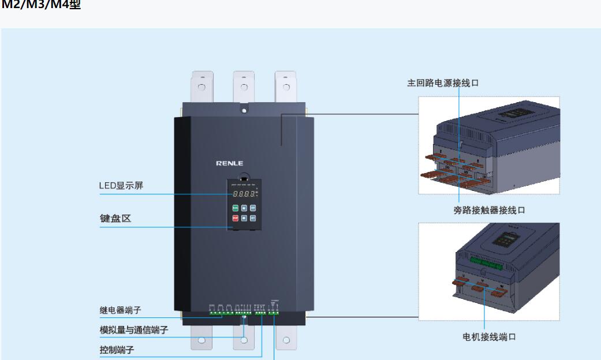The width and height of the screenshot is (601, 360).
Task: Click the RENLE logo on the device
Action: pyautogui.click(x=230, y=163)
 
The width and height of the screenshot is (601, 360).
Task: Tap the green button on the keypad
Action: pyautogui.click(x=235, y=208)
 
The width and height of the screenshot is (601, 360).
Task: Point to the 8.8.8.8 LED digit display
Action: pyautogui.click(x=242, y=194)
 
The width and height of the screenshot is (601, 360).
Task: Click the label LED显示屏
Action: pyautogui.click(x=121, y=186)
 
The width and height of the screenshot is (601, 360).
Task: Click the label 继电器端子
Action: pyautogui.click(x=121, y=310)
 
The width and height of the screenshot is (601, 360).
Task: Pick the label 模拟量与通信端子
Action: pyautogui.click(x=134, y=330)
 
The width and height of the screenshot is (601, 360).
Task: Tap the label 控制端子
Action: pyautogui.click(x=117, y=350)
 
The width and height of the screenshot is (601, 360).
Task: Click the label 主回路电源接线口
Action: pyautogui.click(x=443, y=83)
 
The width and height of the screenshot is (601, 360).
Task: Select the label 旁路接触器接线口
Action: pyautogui.click(x=489, y=211)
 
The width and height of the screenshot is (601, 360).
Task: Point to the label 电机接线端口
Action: pyautogui.click(x=489, y=337)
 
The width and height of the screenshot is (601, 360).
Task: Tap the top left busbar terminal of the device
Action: pyautogui.click(x=201, y=87)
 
